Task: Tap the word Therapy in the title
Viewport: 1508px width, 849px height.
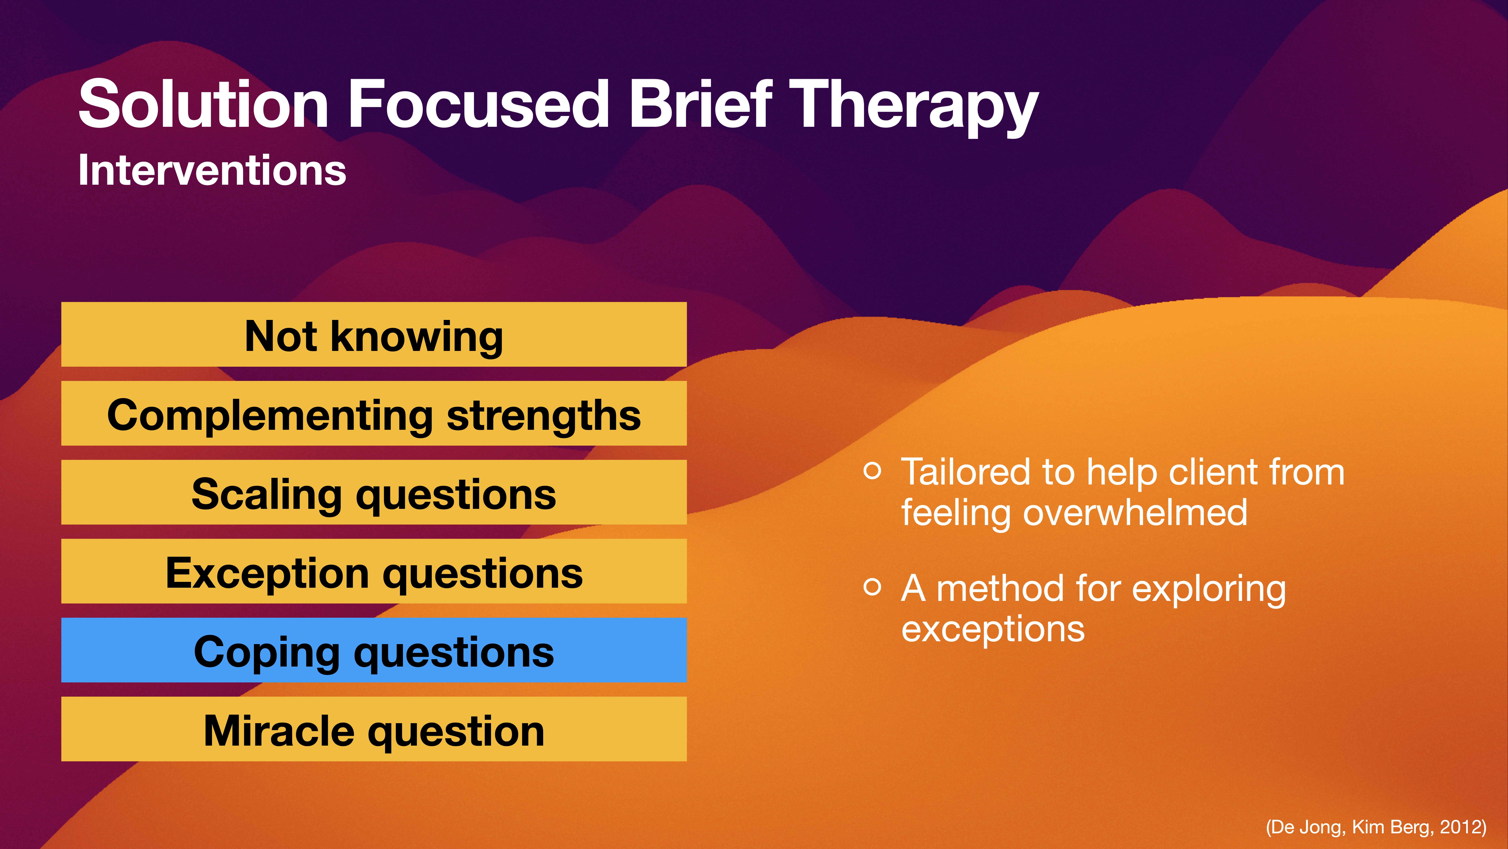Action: point(913,105)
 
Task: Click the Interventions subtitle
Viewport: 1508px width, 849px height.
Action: point(212,171)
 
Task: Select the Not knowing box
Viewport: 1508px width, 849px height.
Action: point(374,335)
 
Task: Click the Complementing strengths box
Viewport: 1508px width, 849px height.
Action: point(374,414)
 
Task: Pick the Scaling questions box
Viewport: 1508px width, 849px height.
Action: point(374,493)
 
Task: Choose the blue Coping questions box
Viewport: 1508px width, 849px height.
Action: point(374,650)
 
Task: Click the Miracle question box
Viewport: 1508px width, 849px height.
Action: point(374,729)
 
